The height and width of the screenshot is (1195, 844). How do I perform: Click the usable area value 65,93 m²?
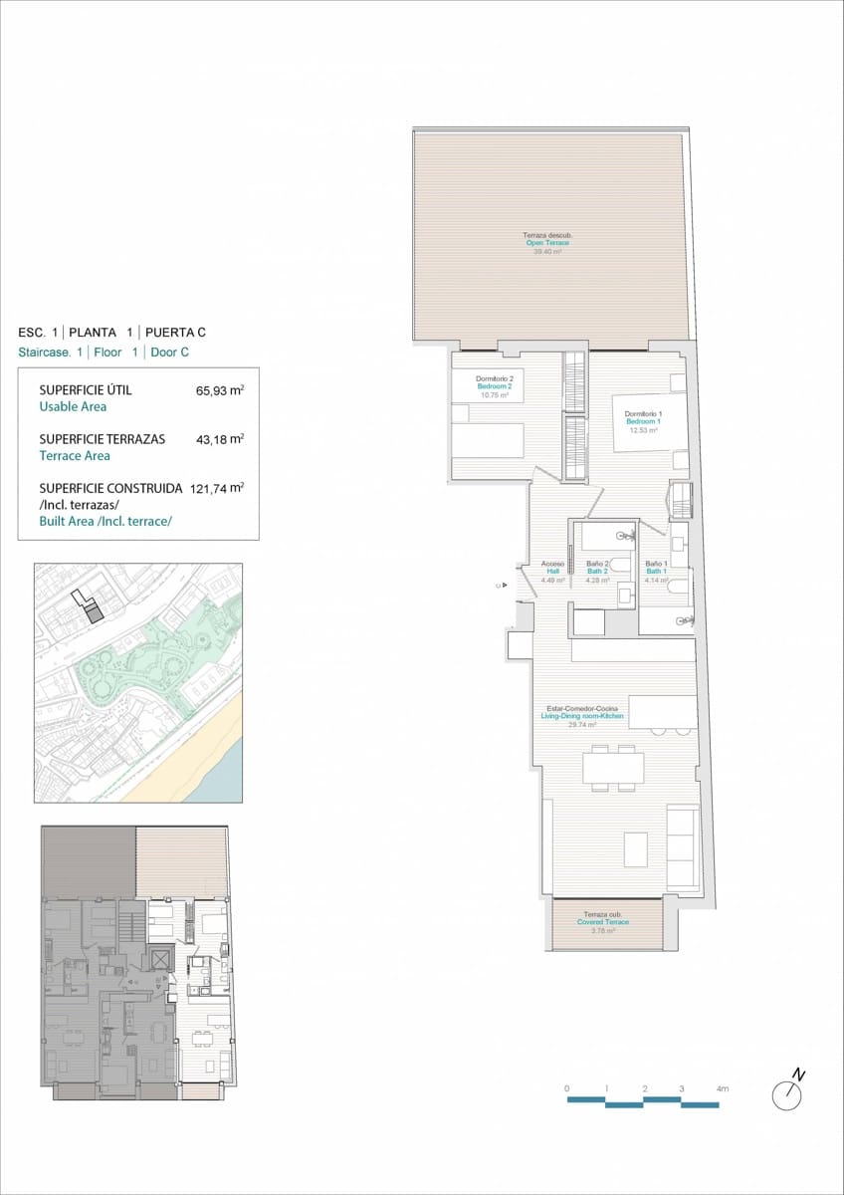coord(220,390)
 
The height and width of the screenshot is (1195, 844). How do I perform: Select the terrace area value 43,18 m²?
coord(220,439)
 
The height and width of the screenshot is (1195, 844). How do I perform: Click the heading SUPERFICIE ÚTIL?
coord(85,390)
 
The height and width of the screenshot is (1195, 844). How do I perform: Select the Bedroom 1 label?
coord(643,421)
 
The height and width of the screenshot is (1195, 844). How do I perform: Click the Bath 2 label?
coord(597,572)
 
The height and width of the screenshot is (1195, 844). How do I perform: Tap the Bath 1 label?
coord(656,572)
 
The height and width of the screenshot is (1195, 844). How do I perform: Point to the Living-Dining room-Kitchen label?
coord(582,716)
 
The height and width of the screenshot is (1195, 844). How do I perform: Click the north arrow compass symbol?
coord(787,1093)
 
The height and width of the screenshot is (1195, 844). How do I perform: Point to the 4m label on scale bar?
coord(722,1089)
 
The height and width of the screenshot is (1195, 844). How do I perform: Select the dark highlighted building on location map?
coord(93,614)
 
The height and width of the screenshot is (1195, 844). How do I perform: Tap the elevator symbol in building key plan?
coord(160,959)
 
